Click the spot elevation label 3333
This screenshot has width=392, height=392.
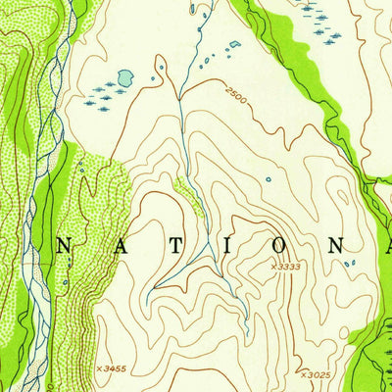[289, 266]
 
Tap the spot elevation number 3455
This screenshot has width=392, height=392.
[114, 368]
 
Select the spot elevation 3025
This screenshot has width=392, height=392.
[316, 374]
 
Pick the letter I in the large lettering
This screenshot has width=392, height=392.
[205, 248]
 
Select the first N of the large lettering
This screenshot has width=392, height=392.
[62, 248]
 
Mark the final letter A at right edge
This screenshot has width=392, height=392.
[350, 248]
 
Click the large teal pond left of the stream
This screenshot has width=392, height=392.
[123, 77]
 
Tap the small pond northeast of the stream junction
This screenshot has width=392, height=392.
[233, 44]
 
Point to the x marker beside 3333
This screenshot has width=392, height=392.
[273, 266]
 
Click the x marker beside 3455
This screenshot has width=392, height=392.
[98, 368]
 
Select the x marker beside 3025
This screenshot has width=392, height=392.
[302, 374]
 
